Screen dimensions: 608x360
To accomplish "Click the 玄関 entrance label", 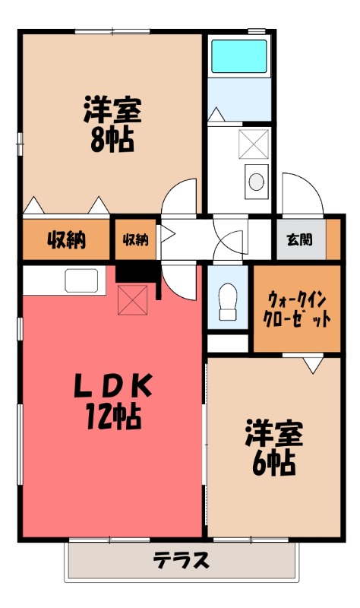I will click(298, 240).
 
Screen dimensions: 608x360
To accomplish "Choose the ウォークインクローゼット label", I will click(296, 309).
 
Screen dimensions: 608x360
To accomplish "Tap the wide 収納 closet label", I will click(66, 240).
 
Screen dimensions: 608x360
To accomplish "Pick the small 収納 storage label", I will click(135, 240).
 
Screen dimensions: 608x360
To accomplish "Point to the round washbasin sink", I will click(257, 181).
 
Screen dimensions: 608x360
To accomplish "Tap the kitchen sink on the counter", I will click(81, 280).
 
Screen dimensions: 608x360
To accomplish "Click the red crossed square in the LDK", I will click(132, 300).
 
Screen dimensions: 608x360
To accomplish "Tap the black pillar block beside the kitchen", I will click(137, 272).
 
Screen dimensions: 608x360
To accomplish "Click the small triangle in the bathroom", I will click(217, 114).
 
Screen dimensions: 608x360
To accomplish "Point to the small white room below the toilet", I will click(228, 342).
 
